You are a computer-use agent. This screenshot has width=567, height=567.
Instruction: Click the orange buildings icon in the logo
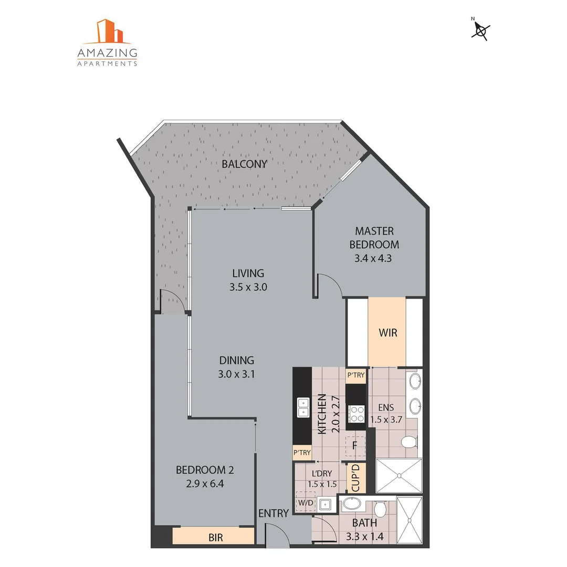pyautogui.click(x=110, y=31)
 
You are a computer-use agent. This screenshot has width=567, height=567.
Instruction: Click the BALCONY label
pyautogui.click(x=244, y=164)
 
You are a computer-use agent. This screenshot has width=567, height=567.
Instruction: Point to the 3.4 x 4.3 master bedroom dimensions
pyautogui.click(x=374, y=258)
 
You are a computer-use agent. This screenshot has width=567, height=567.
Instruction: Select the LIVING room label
pyautogui.click(x=248, y=273)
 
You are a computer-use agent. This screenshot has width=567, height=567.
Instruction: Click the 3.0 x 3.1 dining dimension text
pyautogui.click(x=236, y=374)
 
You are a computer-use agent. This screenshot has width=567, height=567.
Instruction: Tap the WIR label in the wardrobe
pyautogui.click(x=387, y=333)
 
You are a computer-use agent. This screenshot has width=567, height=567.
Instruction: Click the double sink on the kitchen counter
pyautogui.click(x=303, y=407)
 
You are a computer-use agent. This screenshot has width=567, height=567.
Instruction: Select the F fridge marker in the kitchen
pyautogui.click(x=355, y=446)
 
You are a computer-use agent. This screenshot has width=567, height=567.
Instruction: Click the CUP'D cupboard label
pyautogui.click(x=355, y=478)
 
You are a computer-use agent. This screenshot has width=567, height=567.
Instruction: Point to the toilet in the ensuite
pyautogui.click(x=408, y=442)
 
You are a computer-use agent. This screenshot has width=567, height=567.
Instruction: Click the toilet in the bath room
pyautogui.click(x=381, y=508)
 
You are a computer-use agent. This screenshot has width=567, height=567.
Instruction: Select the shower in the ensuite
pyautogui.click(x=398, y=476)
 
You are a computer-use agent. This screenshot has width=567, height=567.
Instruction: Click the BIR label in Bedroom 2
pyautogui.click(x=215, y=537)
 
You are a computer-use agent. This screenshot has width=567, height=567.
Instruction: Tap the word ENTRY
pyautogui.click(x=274, y=513)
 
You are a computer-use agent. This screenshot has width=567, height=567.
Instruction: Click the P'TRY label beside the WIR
pyautogui.click(x=355, y=375)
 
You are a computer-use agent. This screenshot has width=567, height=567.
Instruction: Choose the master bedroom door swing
pyautogui.click(x=331, y=286)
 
